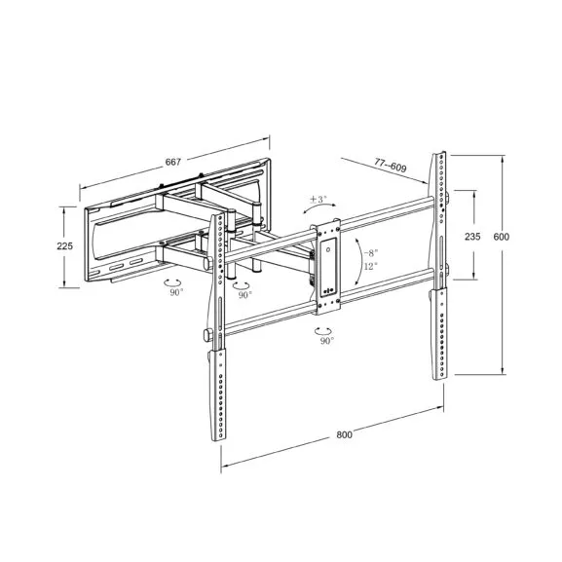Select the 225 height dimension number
click(65, 246)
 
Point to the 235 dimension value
click(472, 237)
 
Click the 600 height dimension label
click(502, 237)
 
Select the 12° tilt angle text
click(370, 266)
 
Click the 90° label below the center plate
click(325, 341)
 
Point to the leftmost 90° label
click(176, 291)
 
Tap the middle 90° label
click(244, 294)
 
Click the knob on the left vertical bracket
click(208, 336)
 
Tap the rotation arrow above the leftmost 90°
click(175, 280)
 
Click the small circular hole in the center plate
click(328, 250)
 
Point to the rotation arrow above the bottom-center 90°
click(324, 329)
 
